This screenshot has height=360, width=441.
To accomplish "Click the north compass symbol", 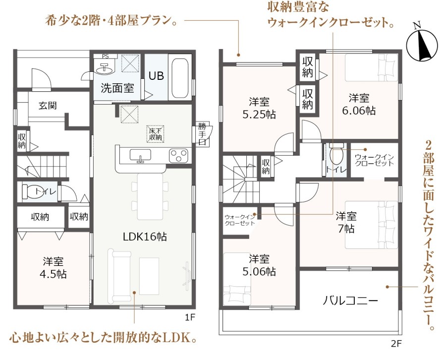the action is [x=422, y=42].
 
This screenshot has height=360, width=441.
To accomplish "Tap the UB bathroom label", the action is [x=156, y=75].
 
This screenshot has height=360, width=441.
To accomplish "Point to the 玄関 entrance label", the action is [x=48, y=106].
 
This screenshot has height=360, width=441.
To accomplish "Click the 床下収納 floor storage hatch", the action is [x=155, y=134].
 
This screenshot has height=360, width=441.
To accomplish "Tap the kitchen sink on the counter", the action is [x=140, y=156].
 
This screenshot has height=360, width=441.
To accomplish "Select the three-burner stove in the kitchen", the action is [x=178, y=156].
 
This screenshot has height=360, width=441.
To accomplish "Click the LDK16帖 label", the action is [x=145, y=237].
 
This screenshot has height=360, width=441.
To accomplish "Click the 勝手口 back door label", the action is [x=203, y=134].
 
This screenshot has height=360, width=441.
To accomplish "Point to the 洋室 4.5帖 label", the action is [x=53, y=268].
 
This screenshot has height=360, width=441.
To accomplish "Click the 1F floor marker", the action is [x=190, y=318].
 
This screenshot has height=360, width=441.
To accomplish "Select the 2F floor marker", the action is [x=396, y=344].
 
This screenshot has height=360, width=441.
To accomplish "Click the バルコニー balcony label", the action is [x=350, y=301].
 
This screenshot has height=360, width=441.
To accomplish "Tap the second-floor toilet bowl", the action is [x=336, y=154].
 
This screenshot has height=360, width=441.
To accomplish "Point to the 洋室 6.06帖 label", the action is [x=359, y=105].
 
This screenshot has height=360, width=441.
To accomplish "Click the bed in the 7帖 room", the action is [x=372, y=225].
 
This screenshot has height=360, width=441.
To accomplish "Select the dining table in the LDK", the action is [x=150, y=196].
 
